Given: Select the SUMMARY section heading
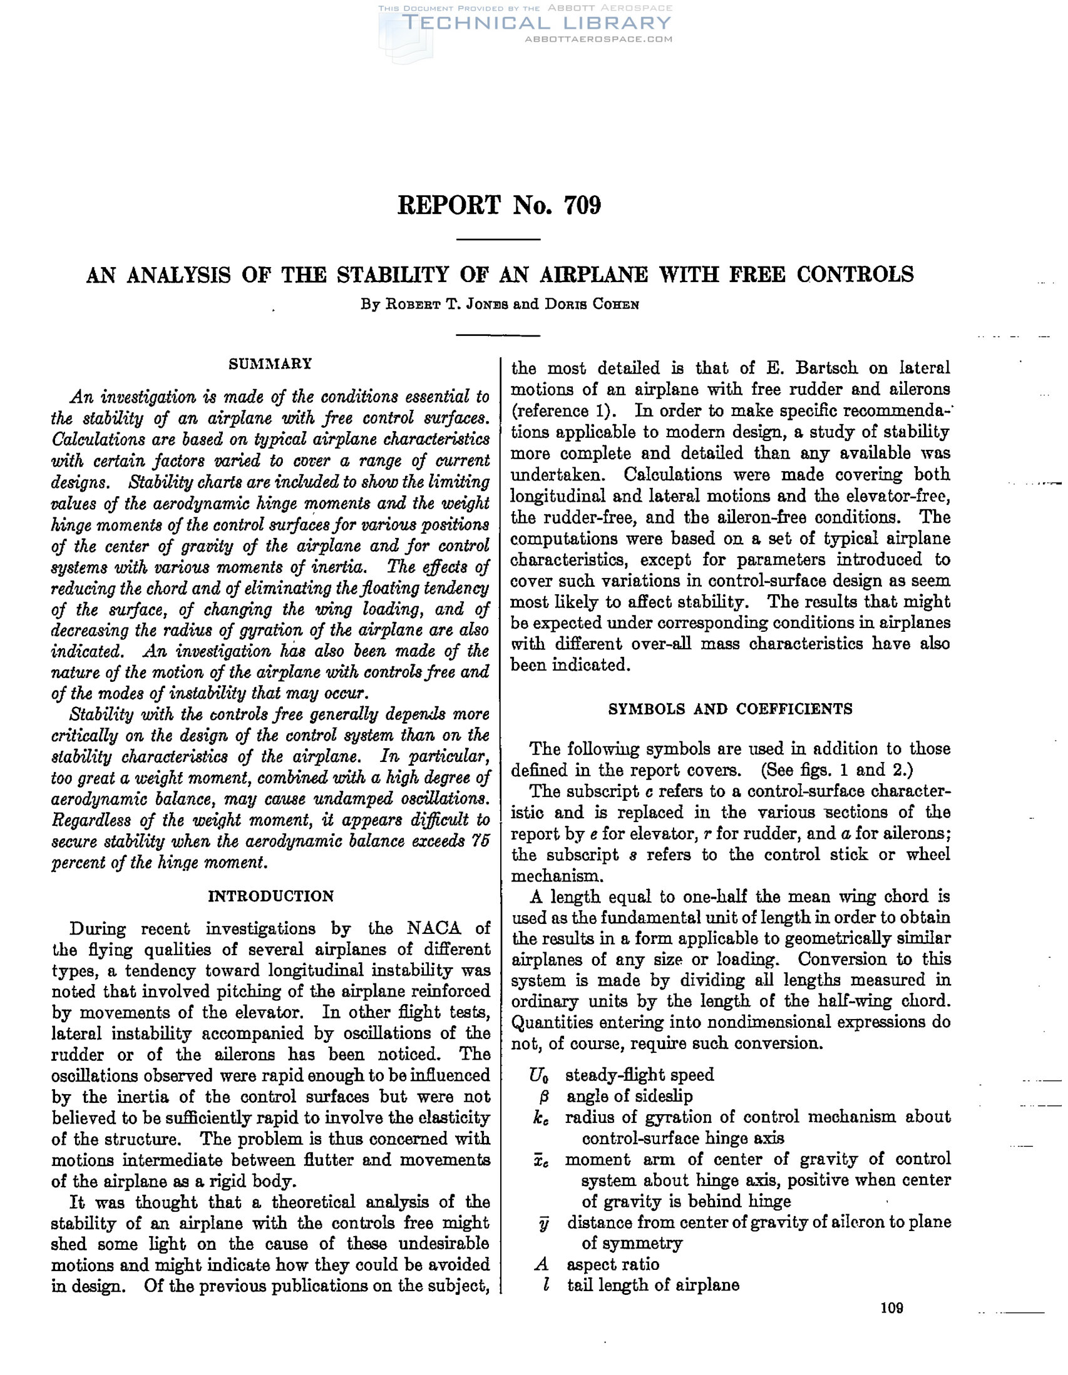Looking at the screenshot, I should click(270, 363).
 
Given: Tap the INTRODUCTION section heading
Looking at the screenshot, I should click(270, 896).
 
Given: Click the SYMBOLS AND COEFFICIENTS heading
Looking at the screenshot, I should click(730, 709).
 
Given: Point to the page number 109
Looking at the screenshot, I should click(892, 1308).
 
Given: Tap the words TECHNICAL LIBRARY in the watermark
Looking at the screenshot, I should click(537, 23).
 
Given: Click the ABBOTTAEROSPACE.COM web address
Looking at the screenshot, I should click(598, 39).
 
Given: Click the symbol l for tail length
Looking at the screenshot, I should click(546, 1286).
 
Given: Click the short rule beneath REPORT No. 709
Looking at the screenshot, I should click(498, 240).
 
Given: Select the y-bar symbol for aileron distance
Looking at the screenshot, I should click(545, 1222).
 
